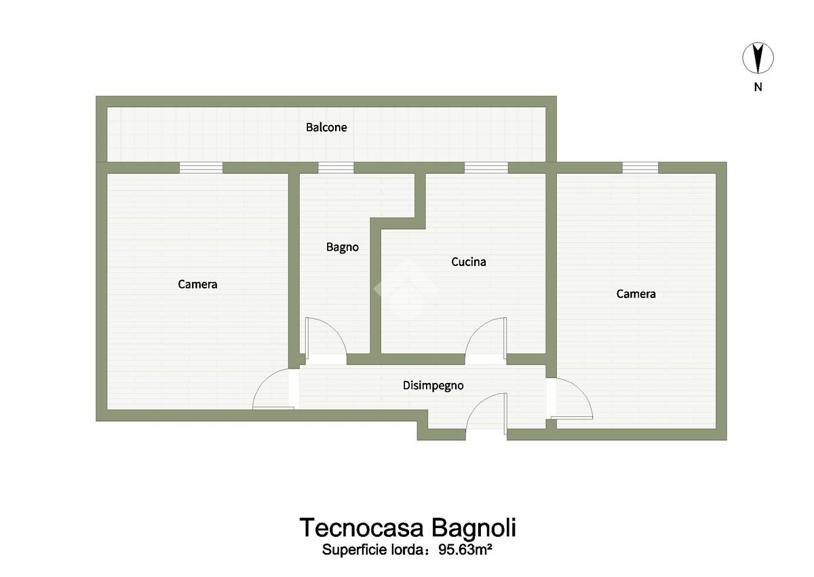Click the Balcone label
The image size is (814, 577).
pyautogui.click(x=326, y=128)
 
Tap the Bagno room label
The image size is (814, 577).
pyautogui.click(x=343, y=248)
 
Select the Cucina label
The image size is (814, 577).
pyautogui.click(x=469, y=262)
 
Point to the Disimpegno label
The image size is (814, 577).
pyautogui.click(x=433, y=386)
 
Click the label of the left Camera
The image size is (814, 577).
pyautogui.click(x=197, y=284)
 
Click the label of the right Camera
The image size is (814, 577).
pyautogui.click(x=636, y=294)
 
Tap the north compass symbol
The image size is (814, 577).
pyautogui.click(x=758, y=58)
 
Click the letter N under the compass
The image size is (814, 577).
pyautogui.click(x=758, y=87)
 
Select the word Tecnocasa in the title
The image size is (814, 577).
pyautogui.click(x=362, y=527)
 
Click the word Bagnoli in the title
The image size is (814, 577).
pyautogui.click(x=474, y=529)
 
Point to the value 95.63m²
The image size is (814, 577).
pyautogui.click(x=465, y=550)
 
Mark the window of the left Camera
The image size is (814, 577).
pyautogui.click(x=201, y=168)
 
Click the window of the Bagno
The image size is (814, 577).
pyautogui.click(x=336, y=168)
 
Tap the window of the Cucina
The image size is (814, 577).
pyautogui.click(x=486, y=168)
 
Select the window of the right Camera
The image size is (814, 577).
pyautogui.click(x=640, y=168)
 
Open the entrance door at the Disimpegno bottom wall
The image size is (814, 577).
pyautogui.click(x=486, y=414)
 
